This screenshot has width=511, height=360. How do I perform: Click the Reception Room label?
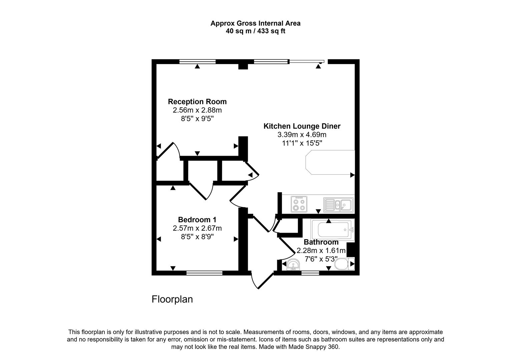pos(197,102)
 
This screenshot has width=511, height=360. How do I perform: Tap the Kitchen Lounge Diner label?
pos(302,126)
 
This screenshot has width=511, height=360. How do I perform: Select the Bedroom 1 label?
pos(197,220)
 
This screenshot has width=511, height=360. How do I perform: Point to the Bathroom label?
pos(321,242)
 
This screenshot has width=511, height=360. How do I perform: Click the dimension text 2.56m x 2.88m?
pos(197,110)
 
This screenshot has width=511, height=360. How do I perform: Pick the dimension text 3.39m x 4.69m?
pos(302,135)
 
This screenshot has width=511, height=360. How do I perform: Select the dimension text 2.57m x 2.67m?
pos(197,228)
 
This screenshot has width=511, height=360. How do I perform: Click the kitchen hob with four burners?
pos(299,204)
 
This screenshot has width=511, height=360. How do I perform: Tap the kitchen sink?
pos(338,204)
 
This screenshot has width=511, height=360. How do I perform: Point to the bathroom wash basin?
pos(294,265)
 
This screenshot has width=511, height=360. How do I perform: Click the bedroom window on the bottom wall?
pos(204,273)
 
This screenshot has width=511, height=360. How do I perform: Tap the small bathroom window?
pos(310,273)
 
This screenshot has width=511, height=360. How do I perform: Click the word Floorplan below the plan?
pos(172,299)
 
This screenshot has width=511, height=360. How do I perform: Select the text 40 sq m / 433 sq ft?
pos(255,31)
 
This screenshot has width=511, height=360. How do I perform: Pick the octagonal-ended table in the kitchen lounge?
pos(330,162)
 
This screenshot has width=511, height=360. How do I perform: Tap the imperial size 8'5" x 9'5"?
pos(197,119)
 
